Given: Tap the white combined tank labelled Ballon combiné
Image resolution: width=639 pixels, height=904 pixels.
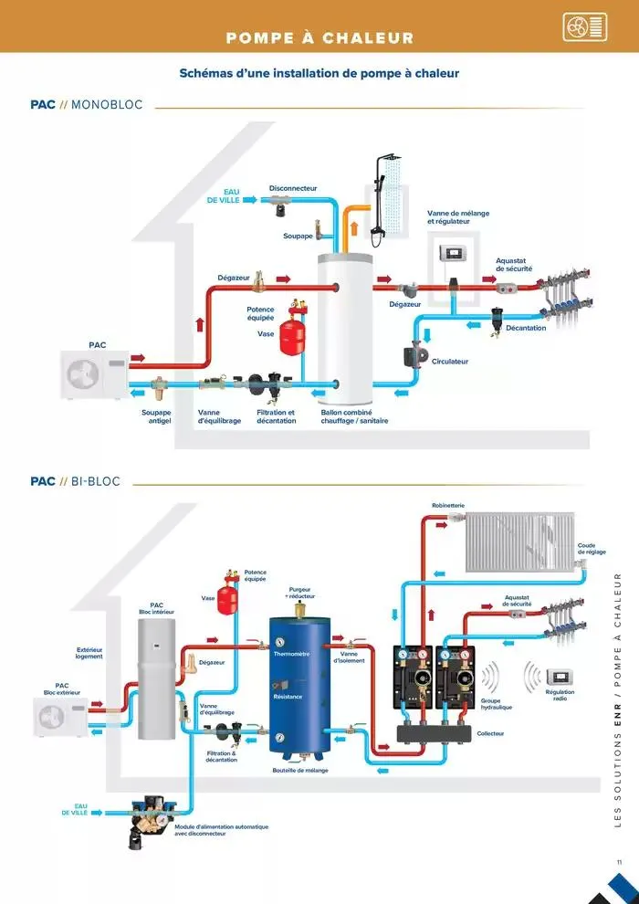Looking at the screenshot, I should tap(343, 329).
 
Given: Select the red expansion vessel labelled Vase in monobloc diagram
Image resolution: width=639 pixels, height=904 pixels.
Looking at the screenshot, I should tap(292, 334).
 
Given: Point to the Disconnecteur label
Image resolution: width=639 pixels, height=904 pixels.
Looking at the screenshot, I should tap(293, 187).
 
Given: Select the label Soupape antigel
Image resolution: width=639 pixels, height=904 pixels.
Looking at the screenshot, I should tap(156, 416).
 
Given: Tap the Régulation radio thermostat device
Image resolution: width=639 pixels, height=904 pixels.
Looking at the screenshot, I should tap(560, 677).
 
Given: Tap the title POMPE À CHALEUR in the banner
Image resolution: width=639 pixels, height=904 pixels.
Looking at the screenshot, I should tap(319, 38).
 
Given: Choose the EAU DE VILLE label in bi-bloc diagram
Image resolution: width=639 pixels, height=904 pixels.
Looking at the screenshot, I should tap(77, 809).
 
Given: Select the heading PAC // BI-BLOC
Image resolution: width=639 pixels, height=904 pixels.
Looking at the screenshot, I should tap(75, 481).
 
